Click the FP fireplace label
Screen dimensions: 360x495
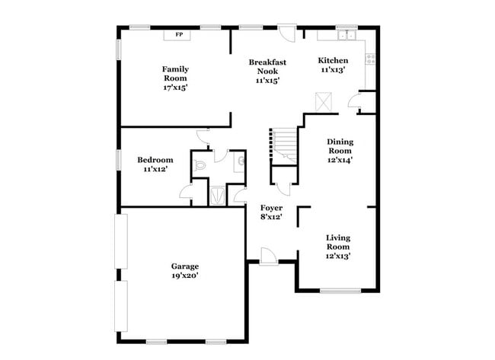(x=180, y=34)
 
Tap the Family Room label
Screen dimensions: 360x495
(x=175, y=73)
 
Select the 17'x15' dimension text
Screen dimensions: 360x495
(x=175, y=88)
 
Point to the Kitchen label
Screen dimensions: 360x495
(x=333, y=60)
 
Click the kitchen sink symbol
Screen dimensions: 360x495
(x=347, y=33)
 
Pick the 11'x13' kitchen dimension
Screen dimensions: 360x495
(x=333, y=69)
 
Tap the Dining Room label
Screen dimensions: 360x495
(x=340, y=145)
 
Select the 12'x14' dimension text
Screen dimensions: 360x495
(x=340, y=160)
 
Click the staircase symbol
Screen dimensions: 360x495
(x=283, y=145)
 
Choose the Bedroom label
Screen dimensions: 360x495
(x=155, y=160)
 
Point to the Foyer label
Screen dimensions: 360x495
(x=272, y=208)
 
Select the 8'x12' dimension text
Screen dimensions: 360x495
(x=272, y=217)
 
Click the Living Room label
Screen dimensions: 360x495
(x=338, y=242)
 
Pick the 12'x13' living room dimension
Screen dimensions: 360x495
(x=338, y=256)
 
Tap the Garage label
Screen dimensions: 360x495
(x=185, y=266)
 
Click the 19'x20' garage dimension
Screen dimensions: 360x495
(x=185, y=276)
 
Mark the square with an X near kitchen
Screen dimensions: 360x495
(x=324, y=101)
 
